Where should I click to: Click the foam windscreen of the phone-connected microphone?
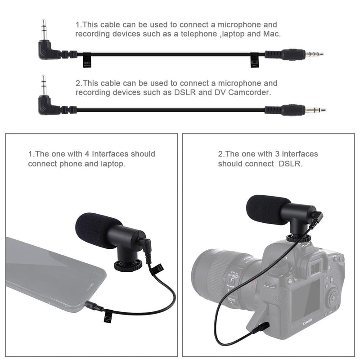tap(97, 229)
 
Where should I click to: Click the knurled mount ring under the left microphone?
tap(128, 265)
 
